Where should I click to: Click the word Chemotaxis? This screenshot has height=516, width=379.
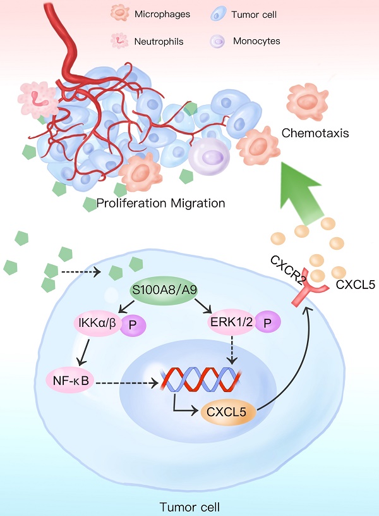click(x=315, y=133)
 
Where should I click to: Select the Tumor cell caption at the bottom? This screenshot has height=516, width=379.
click(x=191, y=506)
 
